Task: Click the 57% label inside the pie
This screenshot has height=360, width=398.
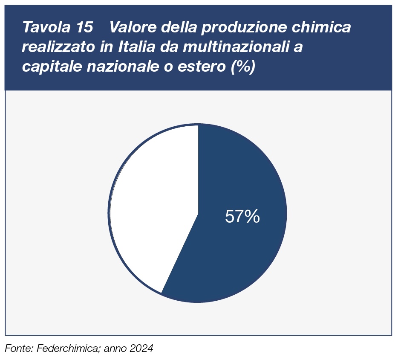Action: pos(242,217)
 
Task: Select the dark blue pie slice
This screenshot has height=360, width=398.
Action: pos(239,256)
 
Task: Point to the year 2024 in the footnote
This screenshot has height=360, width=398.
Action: pos(141,348)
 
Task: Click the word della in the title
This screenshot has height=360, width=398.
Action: pos(175,28)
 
